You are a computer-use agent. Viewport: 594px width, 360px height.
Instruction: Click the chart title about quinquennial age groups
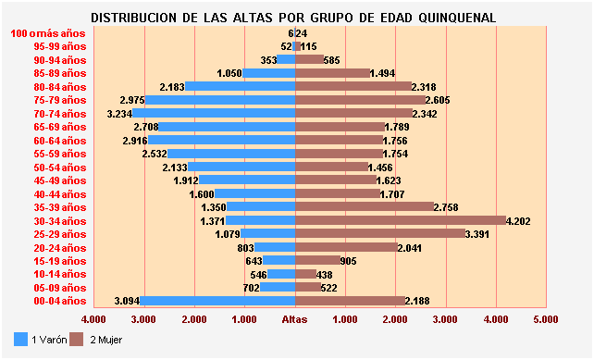[x=293, y=18]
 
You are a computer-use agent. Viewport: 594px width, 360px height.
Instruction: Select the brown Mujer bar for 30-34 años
[x=401, y=221]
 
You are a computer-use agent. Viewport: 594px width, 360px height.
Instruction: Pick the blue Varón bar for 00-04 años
[x=217, y=301]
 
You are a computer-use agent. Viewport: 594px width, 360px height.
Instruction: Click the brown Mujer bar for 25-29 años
[x=380, y=234]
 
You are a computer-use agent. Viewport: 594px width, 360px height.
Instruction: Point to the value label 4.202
[x=520, y=221]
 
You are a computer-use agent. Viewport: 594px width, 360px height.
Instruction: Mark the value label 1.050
[x=229, y=73]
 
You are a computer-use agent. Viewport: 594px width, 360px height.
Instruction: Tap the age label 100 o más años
[x=47, y=33]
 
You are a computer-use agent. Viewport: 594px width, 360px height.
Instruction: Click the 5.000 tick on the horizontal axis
[x=546, y=319]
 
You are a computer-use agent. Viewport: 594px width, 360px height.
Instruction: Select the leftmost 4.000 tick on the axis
[x=94, y=319]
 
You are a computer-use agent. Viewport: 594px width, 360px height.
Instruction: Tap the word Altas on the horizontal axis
[x=295, y=319]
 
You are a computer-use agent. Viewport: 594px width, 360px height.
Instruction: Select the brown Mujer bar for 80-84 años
[x=353, y=87]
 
